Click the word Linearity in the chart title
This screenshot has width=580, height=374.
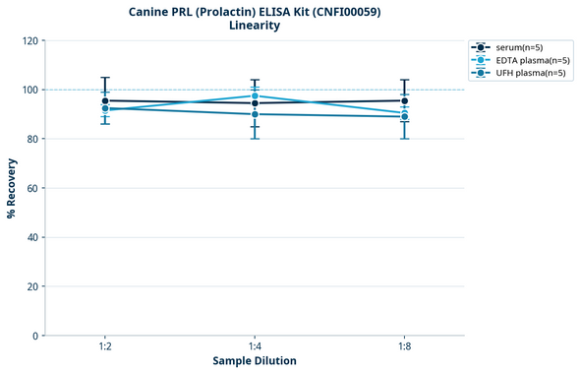[254, 26]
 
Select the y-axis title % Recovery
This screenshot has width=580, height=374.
[12, 187]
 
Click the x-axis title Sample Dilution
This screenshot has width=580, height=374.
[254, 361]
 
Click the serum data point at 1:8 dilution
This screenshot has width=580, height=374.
[404, 100]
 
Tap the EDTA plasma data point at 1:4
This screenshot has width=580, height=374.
[255, 95]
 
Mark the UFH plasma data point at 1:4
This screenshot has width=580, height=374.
[255, 114]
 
